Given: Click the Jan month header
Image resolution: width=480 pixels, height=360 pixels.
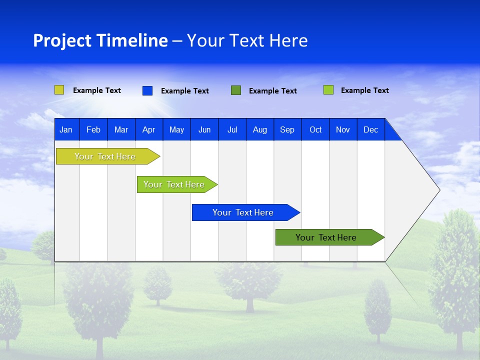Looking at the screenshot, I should [x=66, y=130].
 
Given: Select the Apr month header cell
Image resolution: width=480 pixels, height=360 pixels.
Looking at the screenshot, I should [x=149, y=130].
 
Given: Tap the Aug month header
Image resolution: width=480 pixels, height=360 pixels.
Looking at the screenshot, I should [x=260, y=130].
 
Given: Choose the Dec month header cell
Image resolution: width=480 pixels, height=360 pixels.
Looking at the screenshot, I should [x=371, y=130].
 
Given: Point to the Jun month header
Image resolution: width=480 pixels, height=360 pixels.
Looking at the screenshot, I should [x=204, y=130].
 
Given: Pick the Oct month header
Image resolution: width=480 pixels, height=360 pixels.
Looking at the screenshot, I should [x=315, y=130].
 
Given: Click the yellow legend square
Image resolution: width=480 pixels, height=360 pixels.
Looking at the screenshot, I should [x=59, y=90].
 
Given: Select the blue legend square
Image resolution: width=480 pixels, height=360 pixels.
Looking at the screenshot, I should [x=147, y=90].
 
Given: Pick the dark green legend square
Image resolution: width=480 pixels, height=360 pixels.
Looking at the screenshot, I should [x=236, y=90].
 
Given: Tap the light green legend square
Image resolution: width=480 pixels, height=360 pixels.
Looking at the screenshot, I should [x=328, y=90].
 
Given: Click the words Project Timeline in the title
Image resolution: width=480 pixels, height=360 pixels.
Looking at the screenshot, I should [x=100, y=40].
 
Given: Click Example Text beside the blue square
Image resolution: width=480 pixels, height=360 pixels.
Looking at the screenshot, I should [x=185, y=91].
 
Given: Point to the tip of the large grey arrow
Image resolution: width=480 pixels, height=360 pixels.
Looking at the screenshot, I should [x=438, y=190].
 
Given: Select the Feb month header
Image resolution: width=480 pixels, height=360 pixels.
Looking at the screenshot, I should [x=93, y=130].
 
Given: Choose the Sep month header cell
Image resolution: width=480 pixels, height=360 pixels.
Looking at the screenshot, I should [x=287, y=130].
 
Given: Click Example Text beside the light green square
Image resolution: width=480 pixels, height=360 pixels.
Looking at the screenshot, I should [x=365, y=90].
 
